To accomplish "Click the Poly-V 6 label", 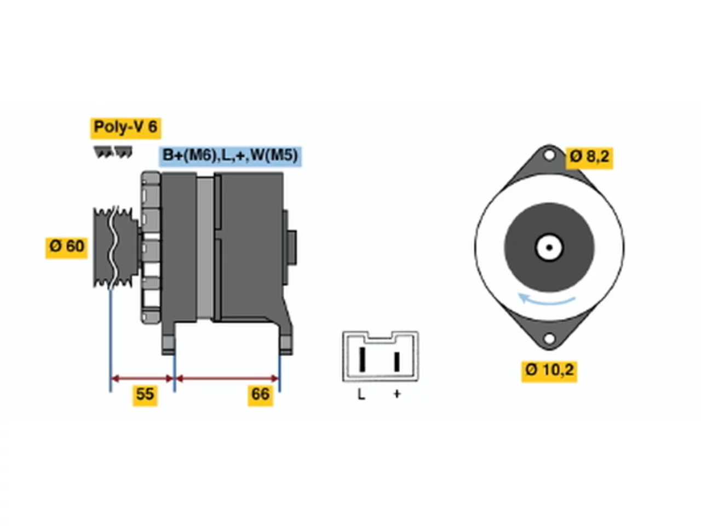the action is click(125, 128).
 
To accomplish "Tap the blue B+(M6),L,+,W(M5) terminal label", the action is click(230, 157).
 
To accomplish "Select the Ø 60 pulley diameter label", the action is click(66, 248).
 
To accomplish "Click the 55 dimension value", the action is click(145, 396).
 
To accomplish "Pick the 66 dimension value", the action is click(260, 396).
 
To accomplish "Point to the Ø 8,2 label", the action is click(589, 158).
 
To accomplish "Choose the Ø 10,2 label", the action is click(549, 371).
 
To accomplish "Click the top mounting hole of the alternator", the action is click(549, 155).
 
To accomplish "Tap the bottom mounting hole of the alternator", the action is click(549, 338).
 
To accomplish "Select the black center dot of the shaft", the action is click(549, 248).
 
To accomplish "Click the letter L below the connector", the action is click(361, 395).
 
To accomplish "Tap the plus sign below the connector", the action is click(397, 395).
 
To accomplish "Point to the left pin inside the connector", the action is click(362, 359).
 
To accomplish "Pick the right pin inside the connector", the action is click(397, 362).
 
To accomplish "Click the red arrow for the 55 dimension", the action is click(142, 379).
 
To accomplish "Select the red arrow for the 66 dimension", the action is click(227, 379).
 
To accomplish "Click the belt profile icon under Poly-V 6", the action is click(113, 152).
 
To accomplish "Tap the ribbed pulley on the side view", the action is click(116, 248).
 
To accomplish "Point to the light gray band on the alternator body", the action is click(205, 248).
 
